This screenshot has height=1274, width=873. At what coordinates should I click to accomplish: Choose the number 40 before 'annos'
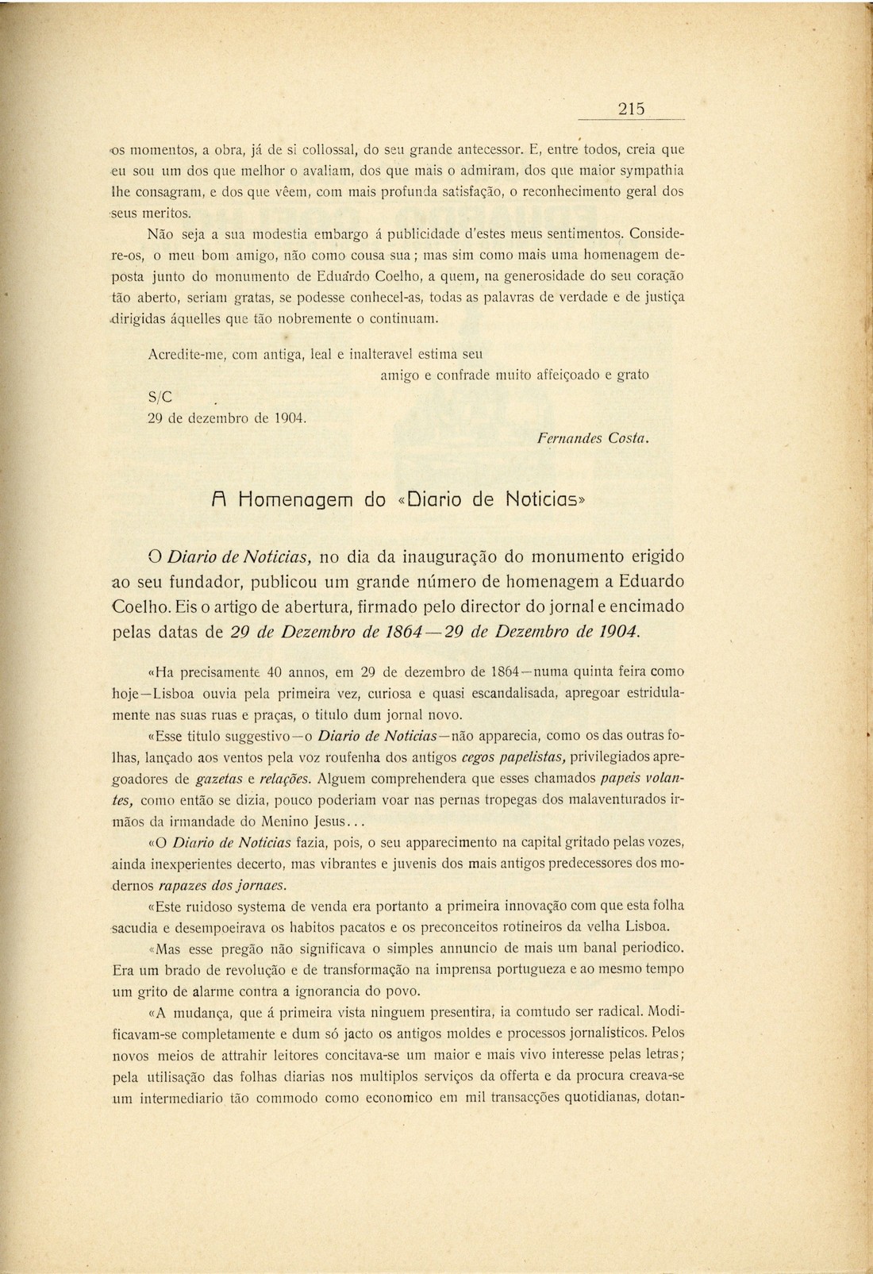pyautogui.click(x=274, y=672)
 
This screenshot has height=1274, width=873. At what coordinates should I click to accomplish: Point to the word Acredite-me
pyautogui.click(x=187, y=354)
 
